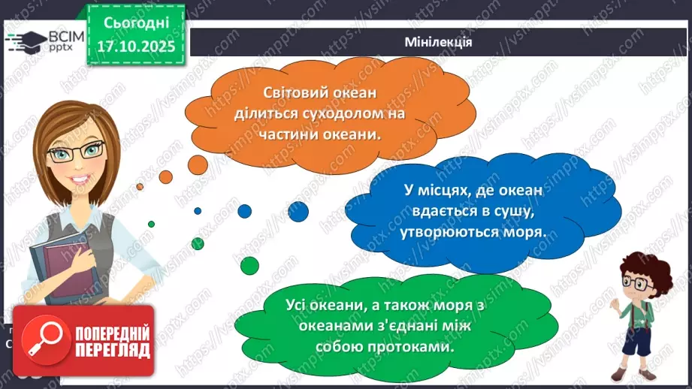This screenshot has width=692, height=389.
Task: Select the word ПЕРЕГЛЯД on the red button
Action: [111, 350]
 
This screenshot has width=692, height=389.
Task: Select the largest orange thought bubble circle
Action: [198, 163]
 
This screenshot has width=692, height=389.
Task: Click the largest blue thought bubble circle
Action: [298, 213]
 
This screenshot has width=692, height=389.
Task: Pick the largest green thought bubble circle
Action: [249, 264]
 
